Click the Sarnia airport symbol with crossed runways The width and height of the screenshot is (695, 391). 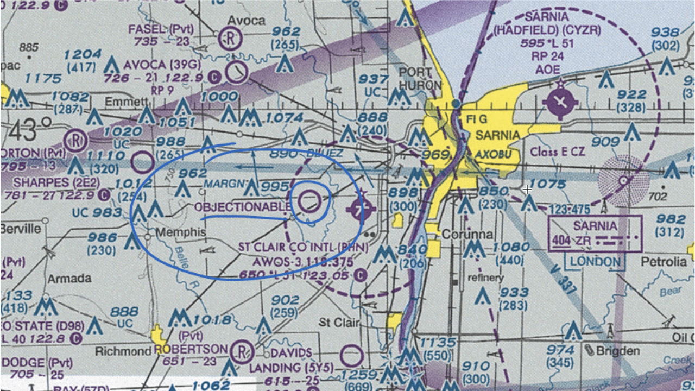tap(560, 102)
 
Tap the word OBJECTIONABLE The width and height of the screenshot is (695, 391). tap(243, 207)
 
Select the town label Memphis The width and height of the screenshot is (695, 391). tap(181, 232)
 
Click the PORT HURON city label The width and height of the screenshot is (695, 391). tap(420, 79)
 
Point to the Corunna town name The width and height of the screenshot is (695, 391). tap(467, 235)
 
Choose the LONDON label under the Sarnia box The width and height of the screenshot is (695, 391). tap(595, 262)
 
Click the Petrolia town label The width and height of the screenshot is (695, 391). tap(664, 262)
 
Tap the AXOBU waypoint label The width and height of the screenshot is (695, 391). tap(493, 154)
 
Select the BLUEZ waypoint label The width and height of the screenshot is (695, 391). tap(324, 153)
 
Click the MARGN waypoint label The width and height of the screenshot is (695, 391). tap(222, 185)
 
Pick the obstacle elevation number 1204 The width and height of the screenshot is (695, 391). tap(83, 54)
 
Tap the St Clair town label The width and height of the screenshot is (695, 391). tap(339, 323)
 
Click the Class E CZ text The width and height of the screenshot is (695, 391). tap(558, 152)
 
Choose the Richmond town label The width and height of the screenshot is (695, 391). tap(123, 351)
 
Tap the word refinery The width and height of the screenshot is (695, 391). tap(486, 278)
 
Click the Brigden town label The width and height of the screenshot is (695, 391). tap(617, 351)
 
